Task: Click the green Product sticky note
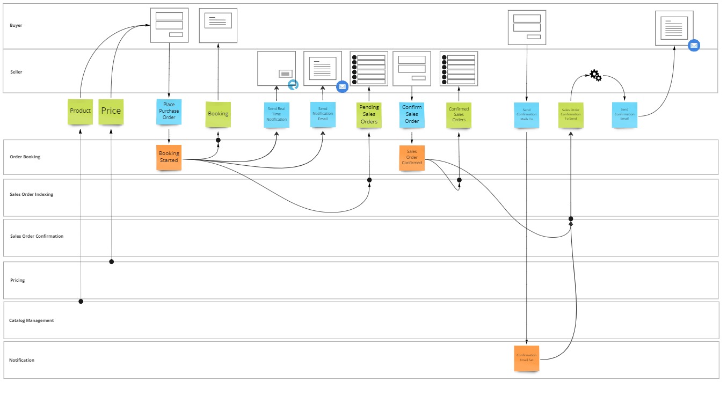80,111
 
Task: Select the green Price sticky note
111,111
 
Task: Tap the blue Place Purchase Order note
169,112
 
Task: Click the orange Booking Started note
169,157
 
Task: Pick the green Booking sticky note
218,114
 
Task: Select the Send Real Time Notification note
277,114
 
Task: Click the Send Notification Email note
323,114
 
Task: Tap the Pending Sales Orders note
369,115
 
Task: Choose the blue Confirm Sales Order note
412,114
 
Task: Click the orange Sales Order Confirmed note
412,158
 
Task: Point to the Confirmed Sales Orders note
459,115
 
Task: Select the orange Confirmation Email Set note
526,358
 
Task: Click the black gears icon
595,76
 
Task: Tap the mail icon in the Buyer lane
694,46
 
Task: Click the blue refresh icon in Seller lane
293,85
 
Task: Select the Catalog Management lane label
32,320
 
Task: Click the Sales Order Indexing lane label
32,194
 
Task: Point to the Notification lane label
22,360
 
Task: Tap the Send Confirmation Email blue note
624,114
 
